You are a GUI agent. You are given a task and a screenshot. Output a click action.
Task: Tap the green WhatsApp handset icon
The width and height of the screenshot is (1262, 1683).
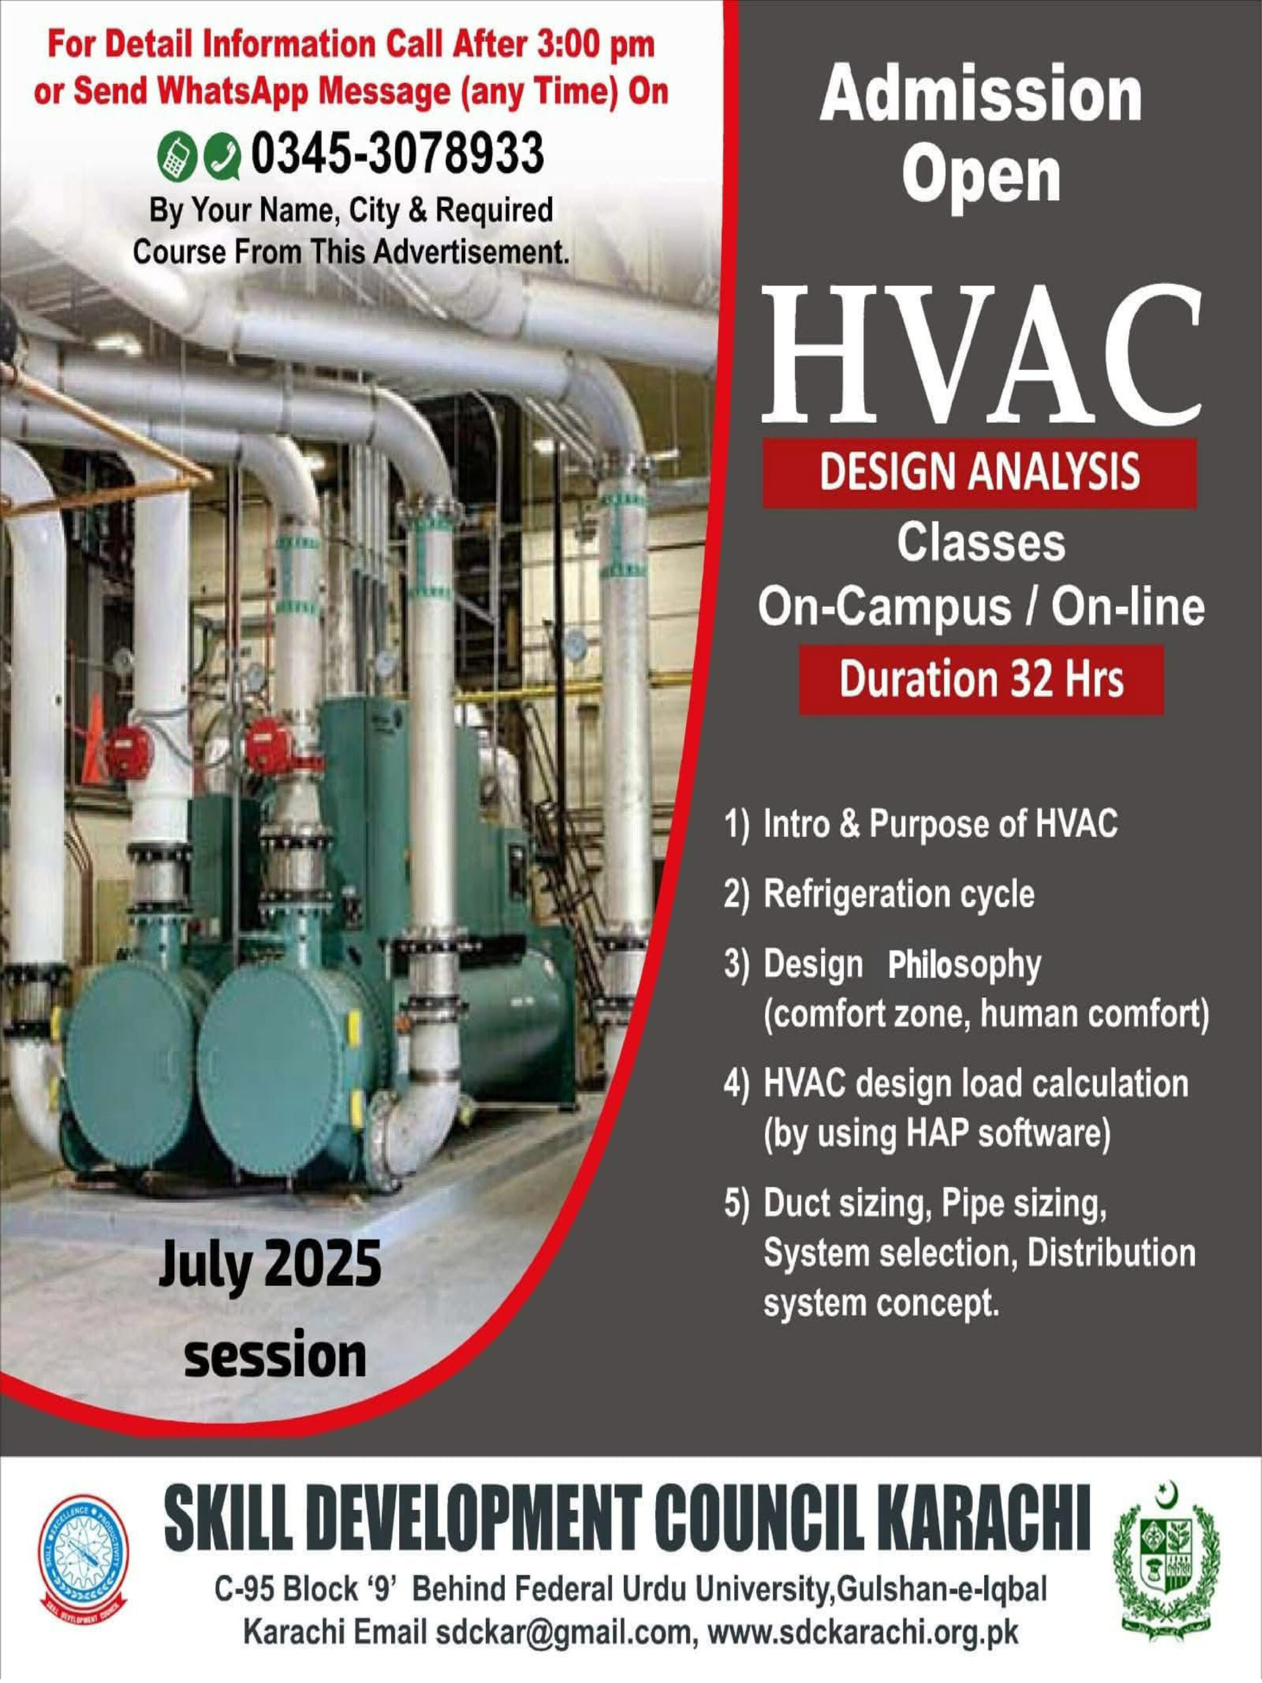(223, 155)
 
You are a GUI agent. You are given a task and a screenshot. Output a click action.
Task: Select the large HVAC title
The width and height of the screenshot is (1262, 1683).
(981, 358)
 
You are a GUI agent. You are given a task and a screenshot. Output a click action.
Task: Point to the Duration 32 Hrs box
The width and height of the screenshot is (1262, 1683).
(981, 679)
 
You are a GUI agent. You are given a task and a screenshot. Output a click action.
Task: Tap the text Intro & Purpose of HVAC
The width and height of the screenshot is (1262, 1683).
(940, 825)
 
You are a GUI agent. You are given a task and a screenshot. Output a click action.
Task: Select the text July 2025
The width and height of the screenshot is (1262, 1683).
(270, 1264)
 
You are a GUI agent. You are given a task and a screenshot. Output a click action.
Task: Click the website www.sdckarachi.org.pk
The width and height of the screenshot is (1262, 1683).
(862, 1633)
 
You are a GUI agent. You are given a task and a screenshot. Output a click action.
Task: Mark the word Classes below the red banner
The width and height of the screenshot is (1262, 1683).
(981, 543)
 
